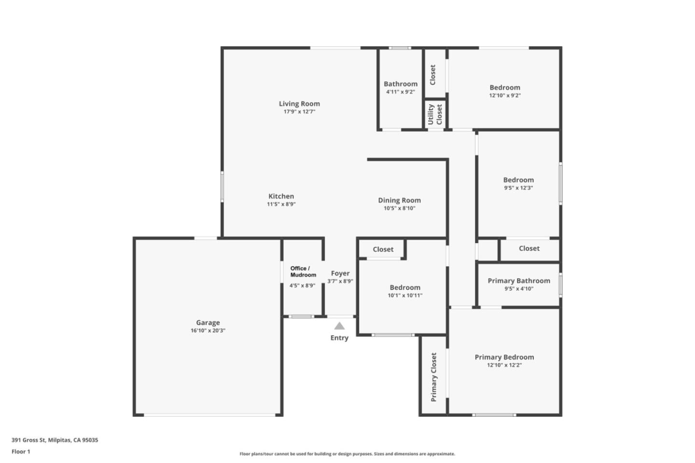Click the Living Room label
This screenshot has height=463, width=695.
pos(299,104)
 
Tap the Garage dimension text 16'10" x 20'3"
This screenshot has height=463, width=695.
pos(208,331)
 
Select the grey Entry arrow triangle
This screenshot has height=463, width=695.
pos(340,326)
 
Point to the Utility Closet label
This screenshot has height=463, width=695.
pos(435,114)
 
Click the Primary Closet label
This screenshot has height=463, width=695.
pos(434,377)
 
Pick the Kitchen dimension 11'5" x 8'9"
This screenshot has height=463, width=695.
pos(281,204)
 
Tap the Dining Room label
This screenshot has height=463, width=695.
pos(399,200)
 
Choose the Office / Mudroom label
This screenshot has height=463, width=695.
pos(303,272)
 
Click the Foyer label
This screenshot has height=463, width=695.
pos(340,273)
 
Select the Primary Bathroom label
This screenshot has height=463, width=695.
pos(519,281)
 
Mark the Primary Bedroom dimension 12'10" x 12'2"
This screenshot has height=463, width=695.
pos(504,365)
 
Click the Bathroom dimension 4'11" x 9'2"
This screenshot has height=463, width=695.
pos(400,92)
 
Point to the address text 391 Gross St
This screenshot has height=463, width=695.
pos(55,440)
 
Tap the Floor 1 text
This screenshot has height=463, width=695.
pos(21,452)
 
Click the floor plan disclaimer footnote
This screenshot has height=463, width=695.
pos(347,454)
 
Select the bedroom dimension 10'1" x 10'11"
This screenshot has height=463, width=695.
pos(405,295)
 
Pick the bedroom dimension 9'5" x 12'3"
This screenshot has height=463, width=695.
pos(518,188)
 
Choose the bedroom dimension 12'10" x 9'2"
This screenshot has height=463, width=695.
pos(505,95)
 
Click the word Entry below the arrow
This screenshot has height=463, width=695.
pos(339,338)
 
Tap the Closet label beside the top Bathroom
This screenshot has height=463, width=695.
pos(432,75)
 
